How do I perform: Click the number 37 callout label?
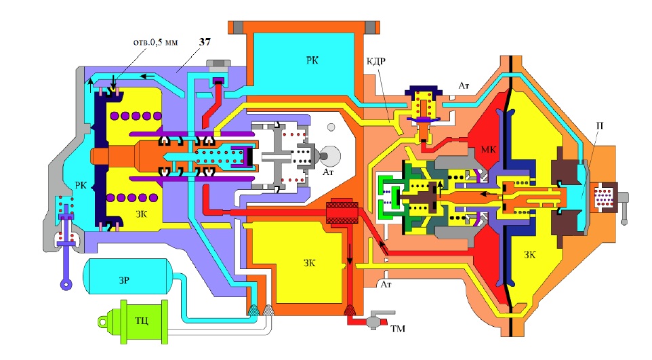(x=205, y=42)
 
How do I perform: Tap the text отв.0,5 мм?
(x=155, y=42)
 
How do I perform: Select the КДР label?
(x=375, y=61)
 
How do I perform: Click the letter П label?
(x=599, y=125)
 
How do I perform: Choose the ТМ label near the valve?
(x=398, y=329)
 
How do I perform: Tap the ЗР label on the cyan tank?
(x=124, y=281)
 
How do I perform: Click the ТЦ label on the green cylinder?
(x=142, y=321)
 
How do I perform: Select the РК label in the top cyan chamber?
(x=312, y=60)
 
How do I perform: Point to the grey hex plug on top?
(x=218, y=65)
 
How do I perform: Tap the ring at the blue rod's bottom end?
(x=66, y=285)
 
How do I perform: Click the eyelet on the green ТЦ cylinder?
(x=103, y=321)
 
